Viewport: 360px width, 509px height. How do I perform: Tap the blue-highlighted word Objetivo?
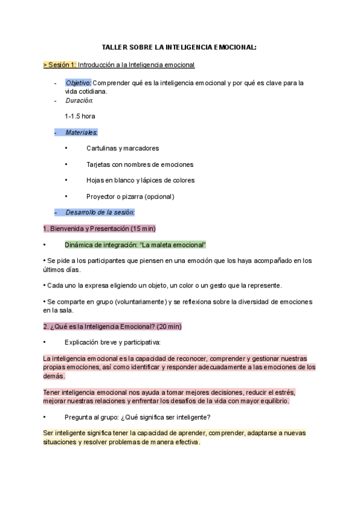click(78, 83)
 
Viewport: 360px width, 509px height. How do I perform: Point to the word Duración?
click(79, 101)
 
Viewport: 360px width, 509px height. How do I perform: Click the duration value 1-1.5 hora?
click(80, 116)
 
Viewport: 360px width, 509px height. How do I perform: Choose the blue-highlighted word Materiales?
click(82, 131)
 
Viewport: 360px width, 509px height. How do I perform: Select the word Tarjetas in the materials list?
click(98, 164)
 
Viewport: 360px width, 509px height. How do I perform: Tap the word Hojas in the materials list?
click(95, 180)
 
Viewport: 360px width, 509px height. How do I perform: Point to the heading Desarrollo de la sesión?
click(100, 212)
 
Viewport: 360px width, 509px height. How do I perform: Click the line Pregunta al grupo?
click(137, 417)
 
